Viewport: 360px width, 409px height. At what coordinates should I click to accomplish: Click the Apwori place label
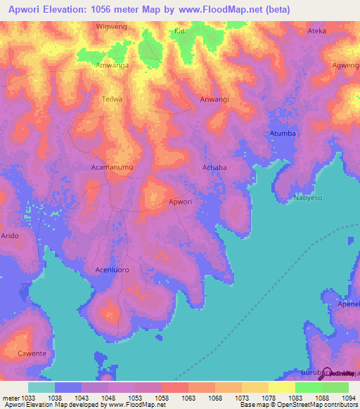coord(180,202)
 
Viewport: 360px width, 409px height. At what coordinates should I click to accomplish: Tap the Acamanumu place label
coord(112,167)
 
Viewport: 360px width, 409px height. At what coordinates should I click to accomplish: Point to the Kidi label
coord(181,32)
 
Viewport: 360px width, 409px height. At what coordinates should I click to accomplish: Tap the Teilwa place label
coord(112,99)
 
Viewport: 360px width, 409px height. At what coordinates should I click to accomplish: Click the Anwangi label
coord(214,99)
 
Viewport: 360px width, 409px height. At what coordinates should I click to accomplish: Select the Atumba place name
coord(283,133)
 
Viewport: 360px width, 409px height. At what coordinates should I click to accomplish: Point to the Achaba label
coord(214,167)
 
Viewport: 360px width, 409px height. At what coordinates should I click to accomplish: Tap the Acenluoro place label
coord(112,269)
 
